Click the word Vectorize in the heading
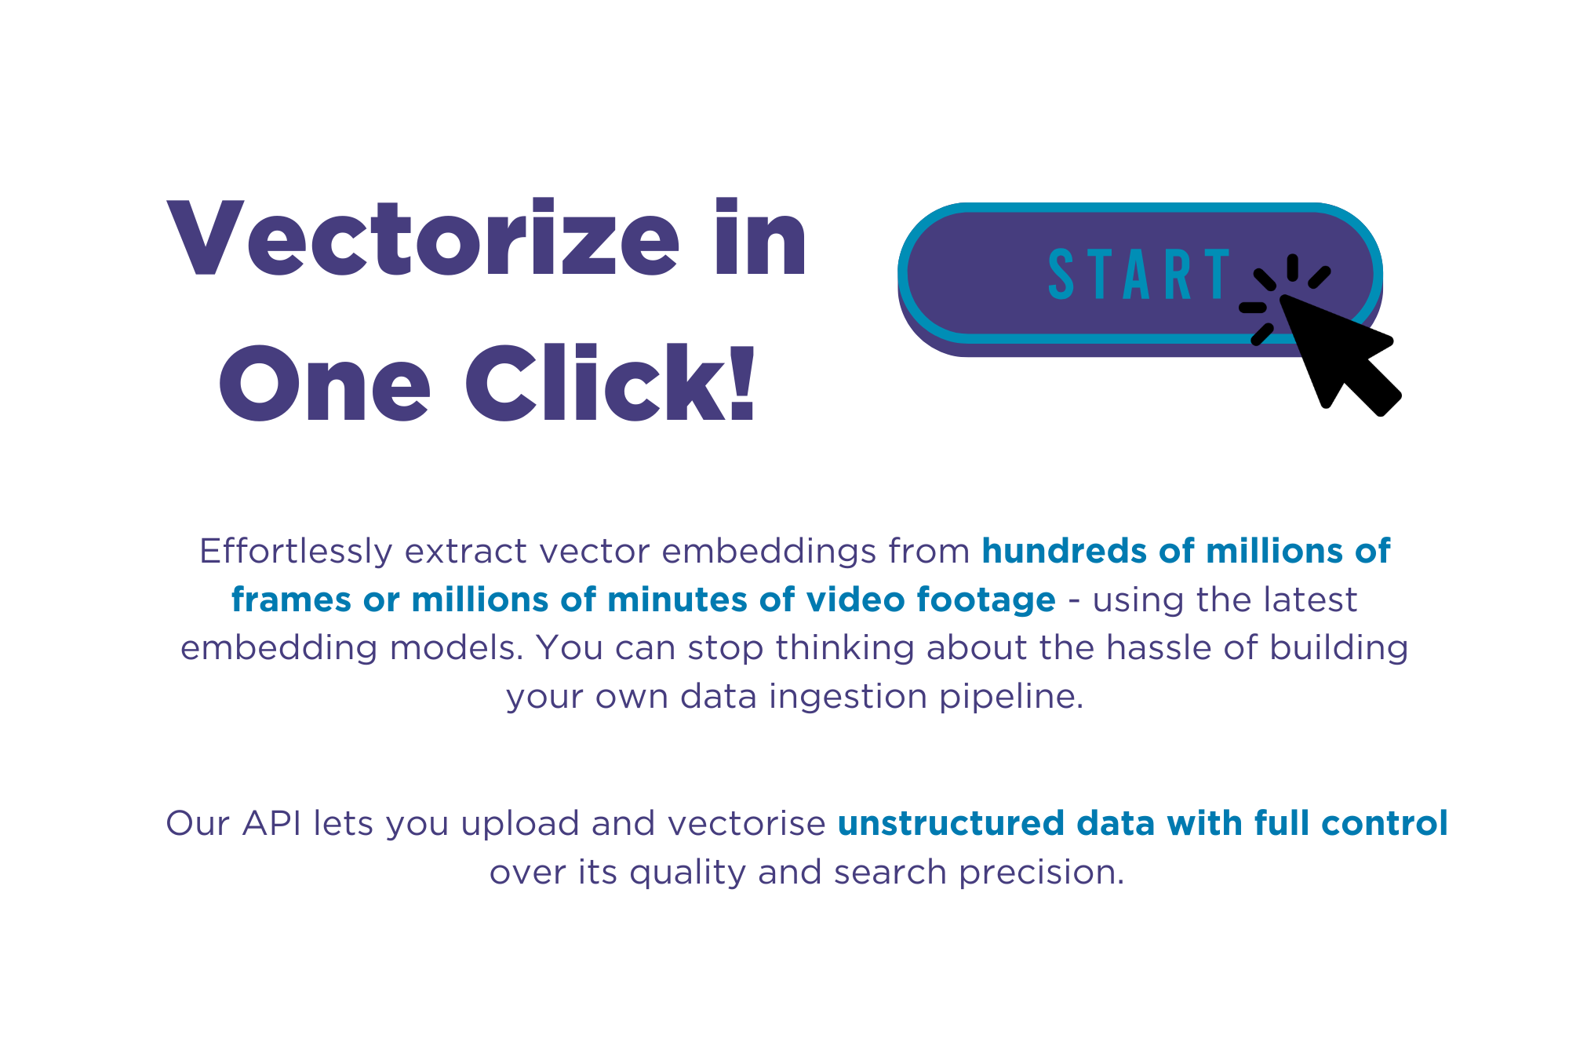(x=424, y=239)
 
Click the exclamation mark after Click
(x=742, y=383)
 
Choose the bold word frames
(x=291, y=600)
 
